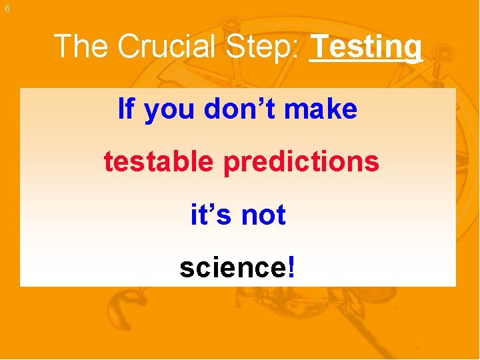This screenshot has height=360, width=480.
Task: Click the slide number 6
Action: (x=7, y=9)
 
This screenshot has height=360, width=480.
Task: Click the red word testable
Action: (x=159, y=161)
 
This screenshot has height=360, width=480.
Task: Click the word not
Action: (x=263, y=215)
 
